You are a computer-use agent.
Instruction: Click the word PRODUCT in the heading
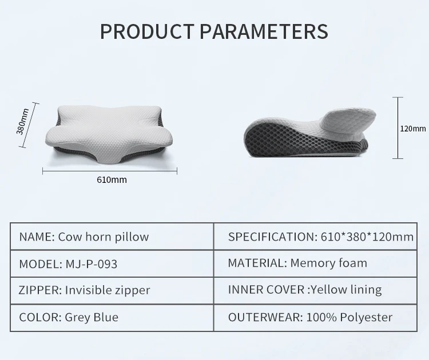[x=148, y=31]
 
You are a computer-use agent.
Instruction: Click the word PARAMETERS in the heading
[x=264, y=31]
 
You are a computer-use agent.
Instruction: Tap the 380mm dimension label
[x=22, y=122]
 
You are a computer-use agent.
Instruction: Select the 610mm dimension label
[x=112, y=180]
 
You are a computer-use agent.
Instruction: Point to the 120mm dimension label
[x=413, y=129]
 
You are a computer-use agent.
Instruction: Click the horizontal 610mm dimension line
[x=110, y=171]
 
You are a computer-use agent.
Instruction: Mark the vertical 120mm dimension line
[x=398, y=127]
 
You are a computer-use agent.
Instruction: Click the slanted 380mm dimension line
[x=29, y=125]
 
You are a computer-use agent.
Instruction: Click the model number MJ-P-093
[x=92, y=264]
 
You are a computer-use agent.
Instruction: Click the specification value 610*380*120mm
[x=367, y=237]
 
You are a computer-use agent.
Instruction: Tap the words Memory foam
[x=328, y=263]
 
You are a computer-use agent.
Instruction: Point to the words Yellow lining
[x=347, y=290]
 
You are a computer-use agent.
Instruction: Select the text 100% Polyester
[x=349, y=317]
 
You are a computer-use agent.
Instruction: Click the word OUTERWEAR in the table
[x=264, y=317]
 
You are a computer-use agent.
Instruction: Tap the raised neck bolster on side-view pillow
[x=348, y=120]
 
